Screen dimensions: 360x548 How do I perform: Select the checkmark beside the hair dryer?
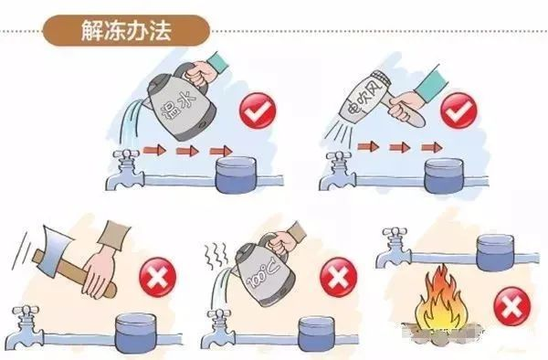tap(457, 114)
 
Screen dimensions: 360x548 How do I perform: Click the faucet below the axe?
tap(25, 323)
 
